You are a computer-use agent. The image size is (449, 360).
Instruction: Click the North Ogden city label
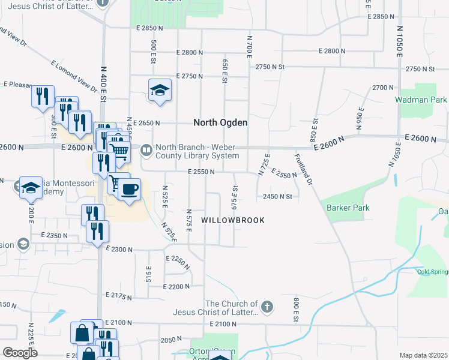[220, 122]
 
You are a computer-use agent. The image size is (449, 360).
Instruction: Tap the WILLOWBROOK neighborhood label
[232, 220]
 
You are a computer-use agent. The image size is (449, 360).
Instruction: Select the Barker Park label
[348, 208]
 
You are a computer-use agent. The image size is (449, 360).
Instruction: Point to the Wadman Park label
[421, 100]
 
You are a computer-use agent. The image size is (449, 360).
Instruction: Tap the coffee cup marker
[129, 190]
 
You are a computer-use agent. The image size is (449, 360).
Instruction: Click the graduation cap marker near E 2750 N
[160, 90]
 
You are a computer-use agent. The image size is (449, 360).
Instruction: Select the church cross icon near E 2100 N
[267, 308]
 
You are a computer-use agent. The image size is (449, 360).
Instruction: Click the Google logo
[19, 352]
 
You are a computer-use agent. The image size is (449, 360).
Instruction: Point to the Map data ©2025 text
[423, 355]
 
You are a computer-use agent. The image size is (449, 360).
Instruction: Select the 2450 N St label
[277, 196]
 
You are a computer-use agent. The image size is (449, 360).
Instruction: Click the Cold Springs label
[432, 271]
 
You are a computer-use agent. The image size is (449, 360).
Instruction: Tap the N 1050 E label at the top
[399, 41]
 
